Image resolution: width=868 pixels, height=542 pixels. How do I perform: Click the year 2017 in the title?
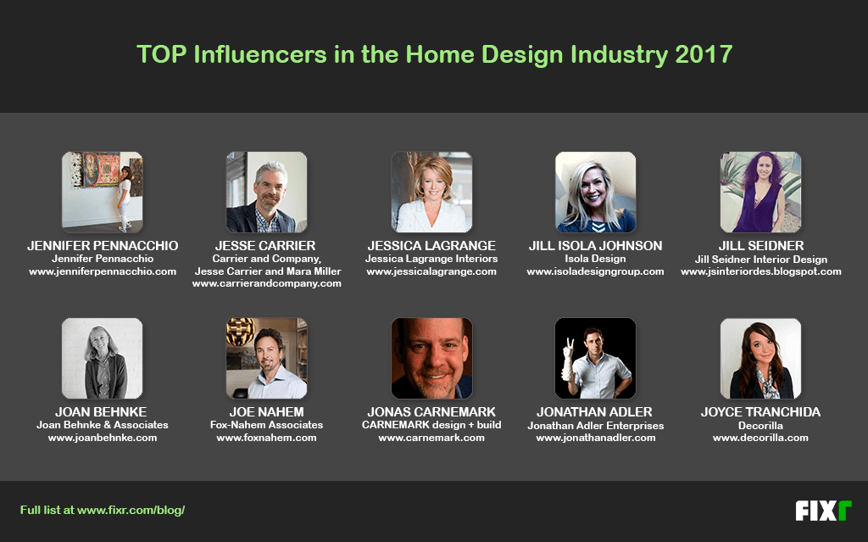coord(704,54)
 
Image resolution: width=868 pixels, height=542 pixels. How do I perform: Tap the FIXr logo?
coord(823,511)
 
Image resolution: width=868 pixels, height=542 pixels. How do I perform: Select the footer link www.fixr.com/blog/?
coord(131,510)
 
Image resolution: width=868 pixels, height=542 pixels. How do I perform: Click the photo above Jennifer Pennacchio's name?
coord(103,192)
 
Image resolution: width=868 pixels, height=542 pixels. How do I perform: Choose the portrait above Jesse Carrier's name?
coord(266,192)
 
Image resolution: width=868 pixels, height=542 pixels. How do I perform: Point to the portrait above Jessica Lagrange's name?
coord(431,192)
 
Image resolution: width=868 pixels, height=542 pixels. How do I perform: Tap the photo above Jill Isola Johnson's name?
coord(596,192)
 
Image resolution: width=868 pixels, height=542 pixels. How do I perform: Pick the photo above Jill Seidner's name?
coord(760,192)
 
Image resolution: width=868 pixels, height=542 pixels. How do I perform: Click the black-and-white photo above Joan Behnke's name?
coord(103,358)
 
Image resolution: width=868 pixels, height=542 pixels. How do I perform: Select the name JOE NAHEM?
coord(266,411)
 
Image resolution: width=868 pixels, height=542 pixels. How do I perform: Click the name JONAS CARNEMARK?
coord(431,411)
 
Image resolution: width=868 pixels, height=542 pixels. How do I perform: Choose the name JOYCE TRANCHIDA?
coord(760,411)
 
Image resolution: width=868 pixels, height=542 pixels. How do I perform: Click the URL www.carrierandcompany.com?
coord(267,283)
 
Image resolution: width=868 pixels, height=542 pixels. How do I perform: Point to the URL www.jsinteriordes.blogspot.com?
coord(761,271)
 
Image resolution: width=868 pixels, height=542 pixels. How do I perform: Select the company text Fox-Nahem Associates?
coord(266,425)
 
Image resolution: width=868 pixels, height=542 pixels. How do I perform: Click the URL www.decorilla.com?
coord(760,438)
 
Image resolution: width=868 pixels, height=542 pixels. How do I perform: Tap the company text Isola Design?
coord(595,259)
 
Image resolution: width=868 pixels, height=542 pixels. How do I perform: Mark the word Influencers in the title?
coord(260,54)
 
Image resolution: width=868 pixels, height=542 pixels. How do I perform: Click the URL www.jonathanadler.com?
coord(596,438)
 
